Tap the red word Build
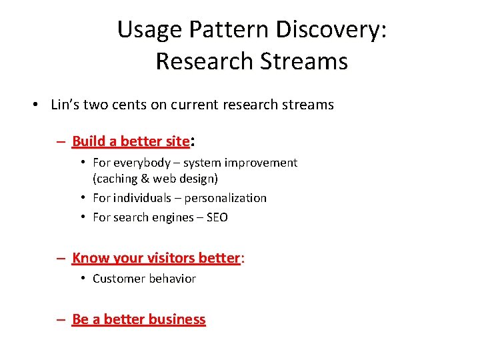click(88, 141)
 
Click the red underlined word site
click(177, 141)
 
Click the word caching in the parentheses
click(118, 179)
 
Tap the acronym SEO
click(217, 217)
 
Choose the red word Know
click(87, 258)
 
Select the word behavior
click(171, 279)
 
